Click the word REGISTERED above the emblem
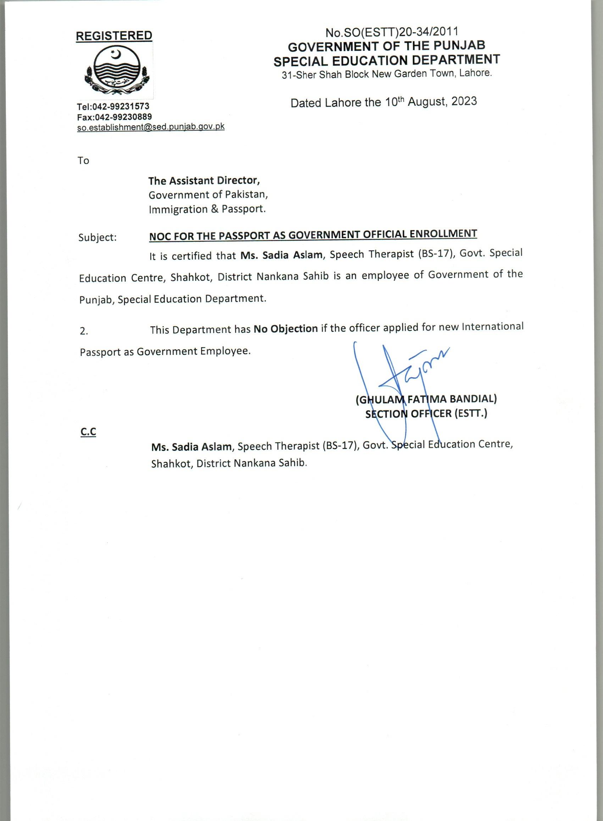pos(114,36)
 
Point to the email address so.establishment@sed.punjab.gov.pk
pos(150,127)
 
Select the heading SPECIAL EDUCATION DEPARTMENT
pos(387,60)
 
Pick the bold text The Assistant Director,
pos(204,180)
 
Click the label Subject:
pos(98,237)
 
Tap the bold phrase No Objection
pos(286,329)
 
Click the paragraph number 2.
pos(84,331)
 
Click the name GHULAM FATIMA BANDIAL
pos(426,399)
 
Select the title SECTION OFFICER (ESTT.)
pos(426,414)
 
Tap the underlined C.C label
pos(88,432)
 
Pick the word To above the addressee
pos(83,161)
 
